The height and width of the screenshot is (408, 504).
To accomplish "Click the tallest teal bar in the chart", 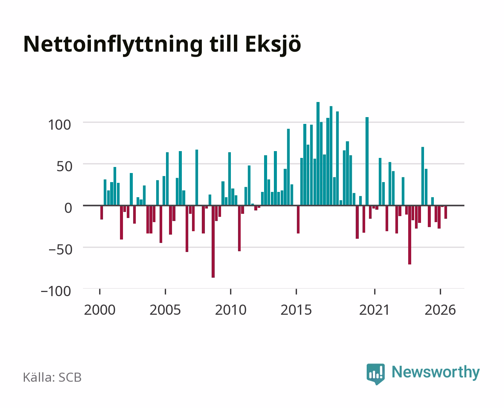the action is (318, 153).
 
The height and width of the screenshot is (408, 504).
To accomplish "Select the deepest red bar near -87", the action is (213, 241).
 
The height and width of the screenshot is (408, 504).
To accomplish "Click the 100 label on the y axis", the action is (59, 125).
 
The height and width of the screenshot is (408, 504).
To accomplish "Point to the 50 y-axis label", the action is (64, 167).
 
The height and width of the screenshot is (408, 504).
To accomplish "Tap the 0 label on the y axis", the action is (68, 208).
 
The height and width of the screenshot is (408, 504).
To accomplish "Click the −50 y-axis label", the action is (60, 250).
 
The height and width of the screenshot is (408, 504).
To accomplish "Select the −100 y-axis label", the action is (56, 291).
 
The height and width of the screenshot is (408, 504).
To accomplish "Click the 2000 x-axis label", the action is (100, 310).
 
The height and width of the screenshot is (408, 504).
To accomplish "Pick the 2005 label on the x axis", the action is (165, 310).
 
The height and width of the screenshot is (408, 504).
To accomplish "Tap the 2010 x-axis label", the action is (231, 310).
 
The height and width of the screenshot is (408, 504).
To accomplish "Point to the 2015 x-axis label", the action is (296, 310).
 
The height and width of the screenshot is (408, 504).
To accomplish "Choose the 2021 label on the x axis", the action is (375, 310).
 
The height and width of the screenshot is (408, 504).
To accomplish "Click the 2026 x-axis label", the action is (440, 310).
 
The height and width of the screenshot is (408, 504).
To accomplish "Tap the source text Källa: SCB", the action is (52, 377).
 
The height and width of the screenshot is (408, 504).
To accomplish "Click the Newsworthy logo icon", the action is (375, 374).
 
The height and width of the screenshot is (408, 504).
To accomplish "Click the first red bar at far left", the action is (101, 212).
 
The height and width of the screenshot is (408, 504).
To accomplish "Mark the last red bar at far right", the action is (446, 212).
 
